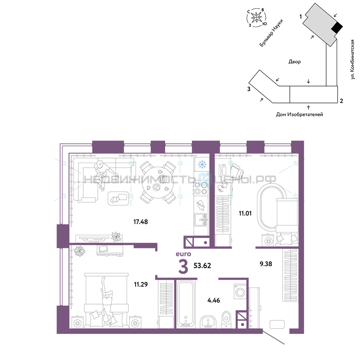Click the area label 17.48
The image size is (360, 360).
(x=140, y=222)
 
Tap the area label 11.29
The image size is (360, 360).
(x=141, y=284)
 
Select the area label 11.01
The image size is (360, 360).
(x=245, y=213)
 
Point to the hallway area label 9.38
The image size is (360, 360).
(x=266, y=264)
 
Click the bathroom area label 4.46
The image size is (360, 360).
(x=213, y=300)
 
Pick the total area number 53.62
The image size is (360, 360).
(x=202, y=266)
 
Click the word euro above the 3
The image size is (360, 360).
(x=183, y=254)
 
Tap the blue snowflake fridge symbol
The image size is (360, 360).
(x=202, y=164)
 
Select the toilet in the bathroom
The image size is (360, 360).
(x=226, y=319)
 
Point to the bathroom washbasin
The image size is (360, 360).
(x=208, y=322)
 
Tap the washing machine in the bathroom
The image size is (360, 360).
(x=240, y=292)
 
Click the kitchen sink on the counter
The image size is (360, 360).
(x=201, y=220)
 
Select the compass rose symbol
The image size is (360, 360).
(x=256, y=17)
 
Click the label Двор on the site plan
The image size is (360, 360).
(x=294, y=62)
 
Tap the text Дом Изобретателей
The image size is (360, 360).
(x=300, y=114)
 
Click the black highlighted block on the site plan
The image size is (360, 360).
(x=337, y=28)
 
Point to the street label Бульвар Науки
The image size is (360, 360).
(x=271, y=33)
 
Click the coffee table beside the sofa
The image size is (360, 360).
(x=118, y=198)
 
